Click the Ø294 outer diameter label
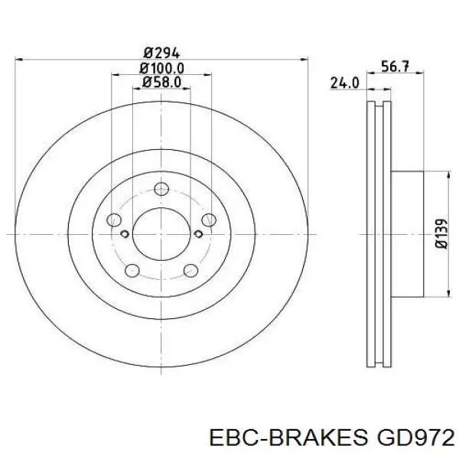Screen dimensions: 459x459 coord(161,53)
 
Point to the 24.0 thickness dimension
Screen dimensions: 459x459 coord(344,83)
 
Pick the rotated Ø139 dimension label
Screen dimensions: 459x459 coord(442,233)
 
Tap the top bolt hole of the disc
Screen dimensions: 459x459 coord(161,189)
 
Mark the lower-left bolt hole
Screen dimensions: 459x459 coord(132,270)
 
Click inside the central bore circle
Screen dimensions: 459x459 coord(161,233)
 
